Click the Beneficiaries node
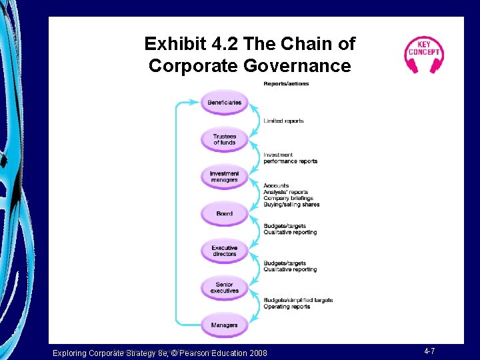(224, 103)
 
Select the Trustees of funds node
(224, 139)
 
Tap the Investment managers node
(224, 177)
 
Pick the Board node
(224, 213)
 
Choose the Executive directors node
(224, 251)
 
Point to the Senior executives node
(224, 288)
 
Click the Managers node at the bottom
(224, 325)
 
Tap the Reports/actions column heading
(286, 84)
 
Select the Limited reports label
(283, 121)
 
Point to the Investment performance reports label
(290, 161)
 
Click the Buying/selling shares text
(291, 205)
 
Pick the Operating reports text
(287, 307)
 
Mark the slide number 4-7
(430, 351)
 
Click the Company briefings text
(288, 199)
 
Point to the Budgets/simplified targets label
(298, 300)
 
